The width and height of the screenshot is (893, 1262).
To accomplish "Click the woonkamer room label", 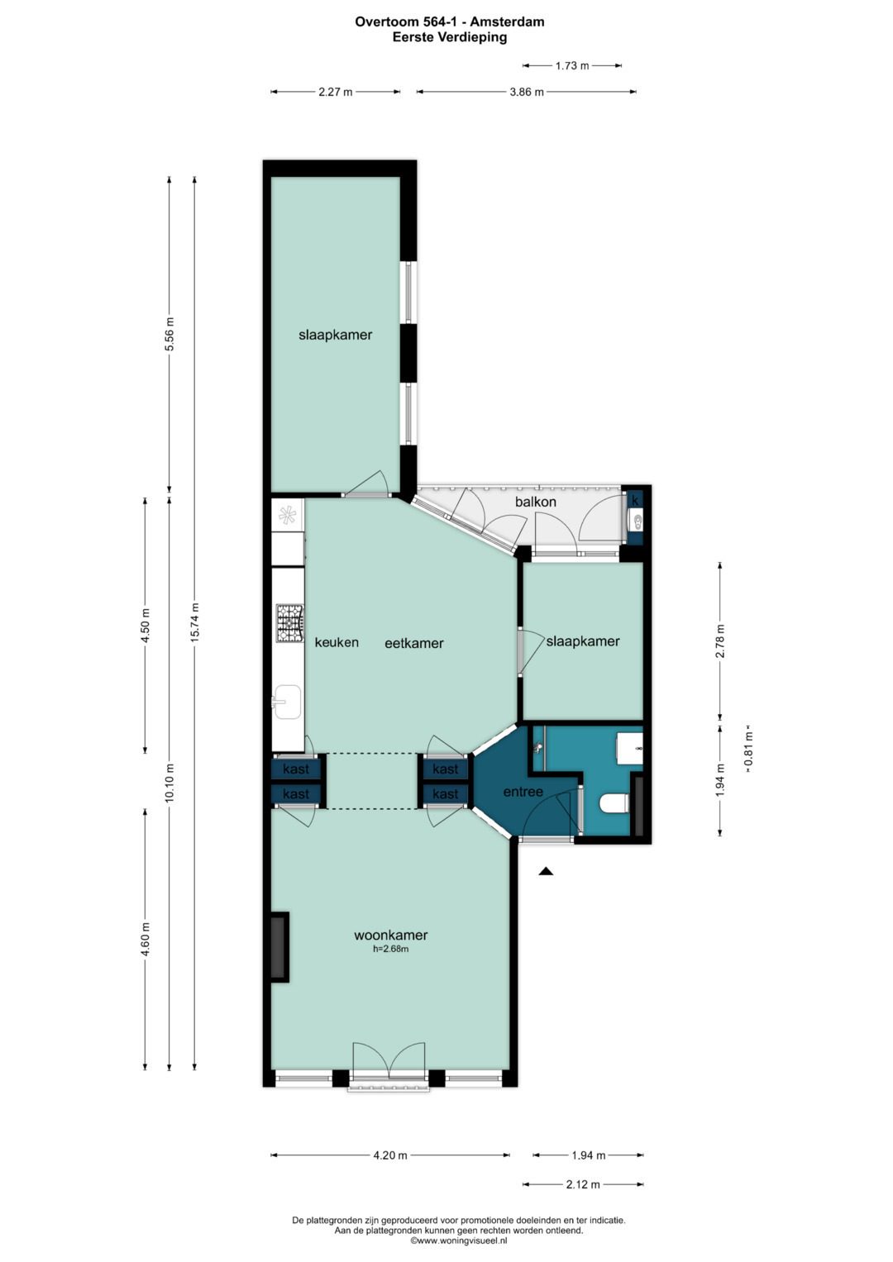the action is click(390, 935).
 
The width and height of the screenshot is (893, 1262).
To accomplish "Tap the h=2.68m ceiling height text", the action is click(390, 949).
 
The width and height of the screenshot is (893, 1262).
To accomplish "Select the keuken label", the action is click(337, 642).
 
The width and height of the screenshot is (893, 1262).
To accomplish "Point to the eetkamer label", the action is click(413, 643).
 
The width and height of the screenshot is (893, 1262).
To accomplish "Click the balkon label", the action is click(536, 502).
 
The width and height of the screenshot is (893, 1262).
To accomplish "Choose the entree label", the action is click(523, 792).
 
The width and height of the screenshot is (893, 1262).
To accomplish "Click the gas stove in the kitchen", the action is click(289, 623).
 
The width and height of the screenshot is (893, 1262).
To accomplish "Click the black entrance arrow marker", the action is click(546, 871).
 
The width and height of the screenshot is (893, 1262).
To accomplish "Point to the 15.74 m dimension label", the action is click(194, 622).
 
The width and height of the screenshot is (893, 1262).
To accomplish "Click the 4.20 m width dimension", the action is click(390, 1155).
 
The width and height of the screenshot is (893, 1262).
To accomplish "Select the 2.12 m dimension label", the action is click(583, 1183).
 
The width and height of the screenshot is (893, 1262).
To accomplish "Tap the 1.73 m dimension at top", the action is click(572, 65).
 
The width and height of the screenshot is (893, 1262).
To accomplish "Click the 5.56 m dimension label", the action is click(170, 334).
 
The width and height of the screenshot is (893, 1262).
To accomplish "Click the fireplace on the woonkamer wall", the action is click(279, 948).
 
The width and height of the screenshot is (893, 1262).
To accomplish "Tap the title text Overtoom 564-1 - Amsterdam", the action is click(449, 22).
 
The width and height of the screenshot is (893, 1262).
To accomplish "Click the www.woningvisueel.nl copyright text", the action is click(458, 1240).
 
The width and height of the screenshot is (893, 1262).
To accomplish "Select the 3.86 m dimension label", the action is click(527, 92).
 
